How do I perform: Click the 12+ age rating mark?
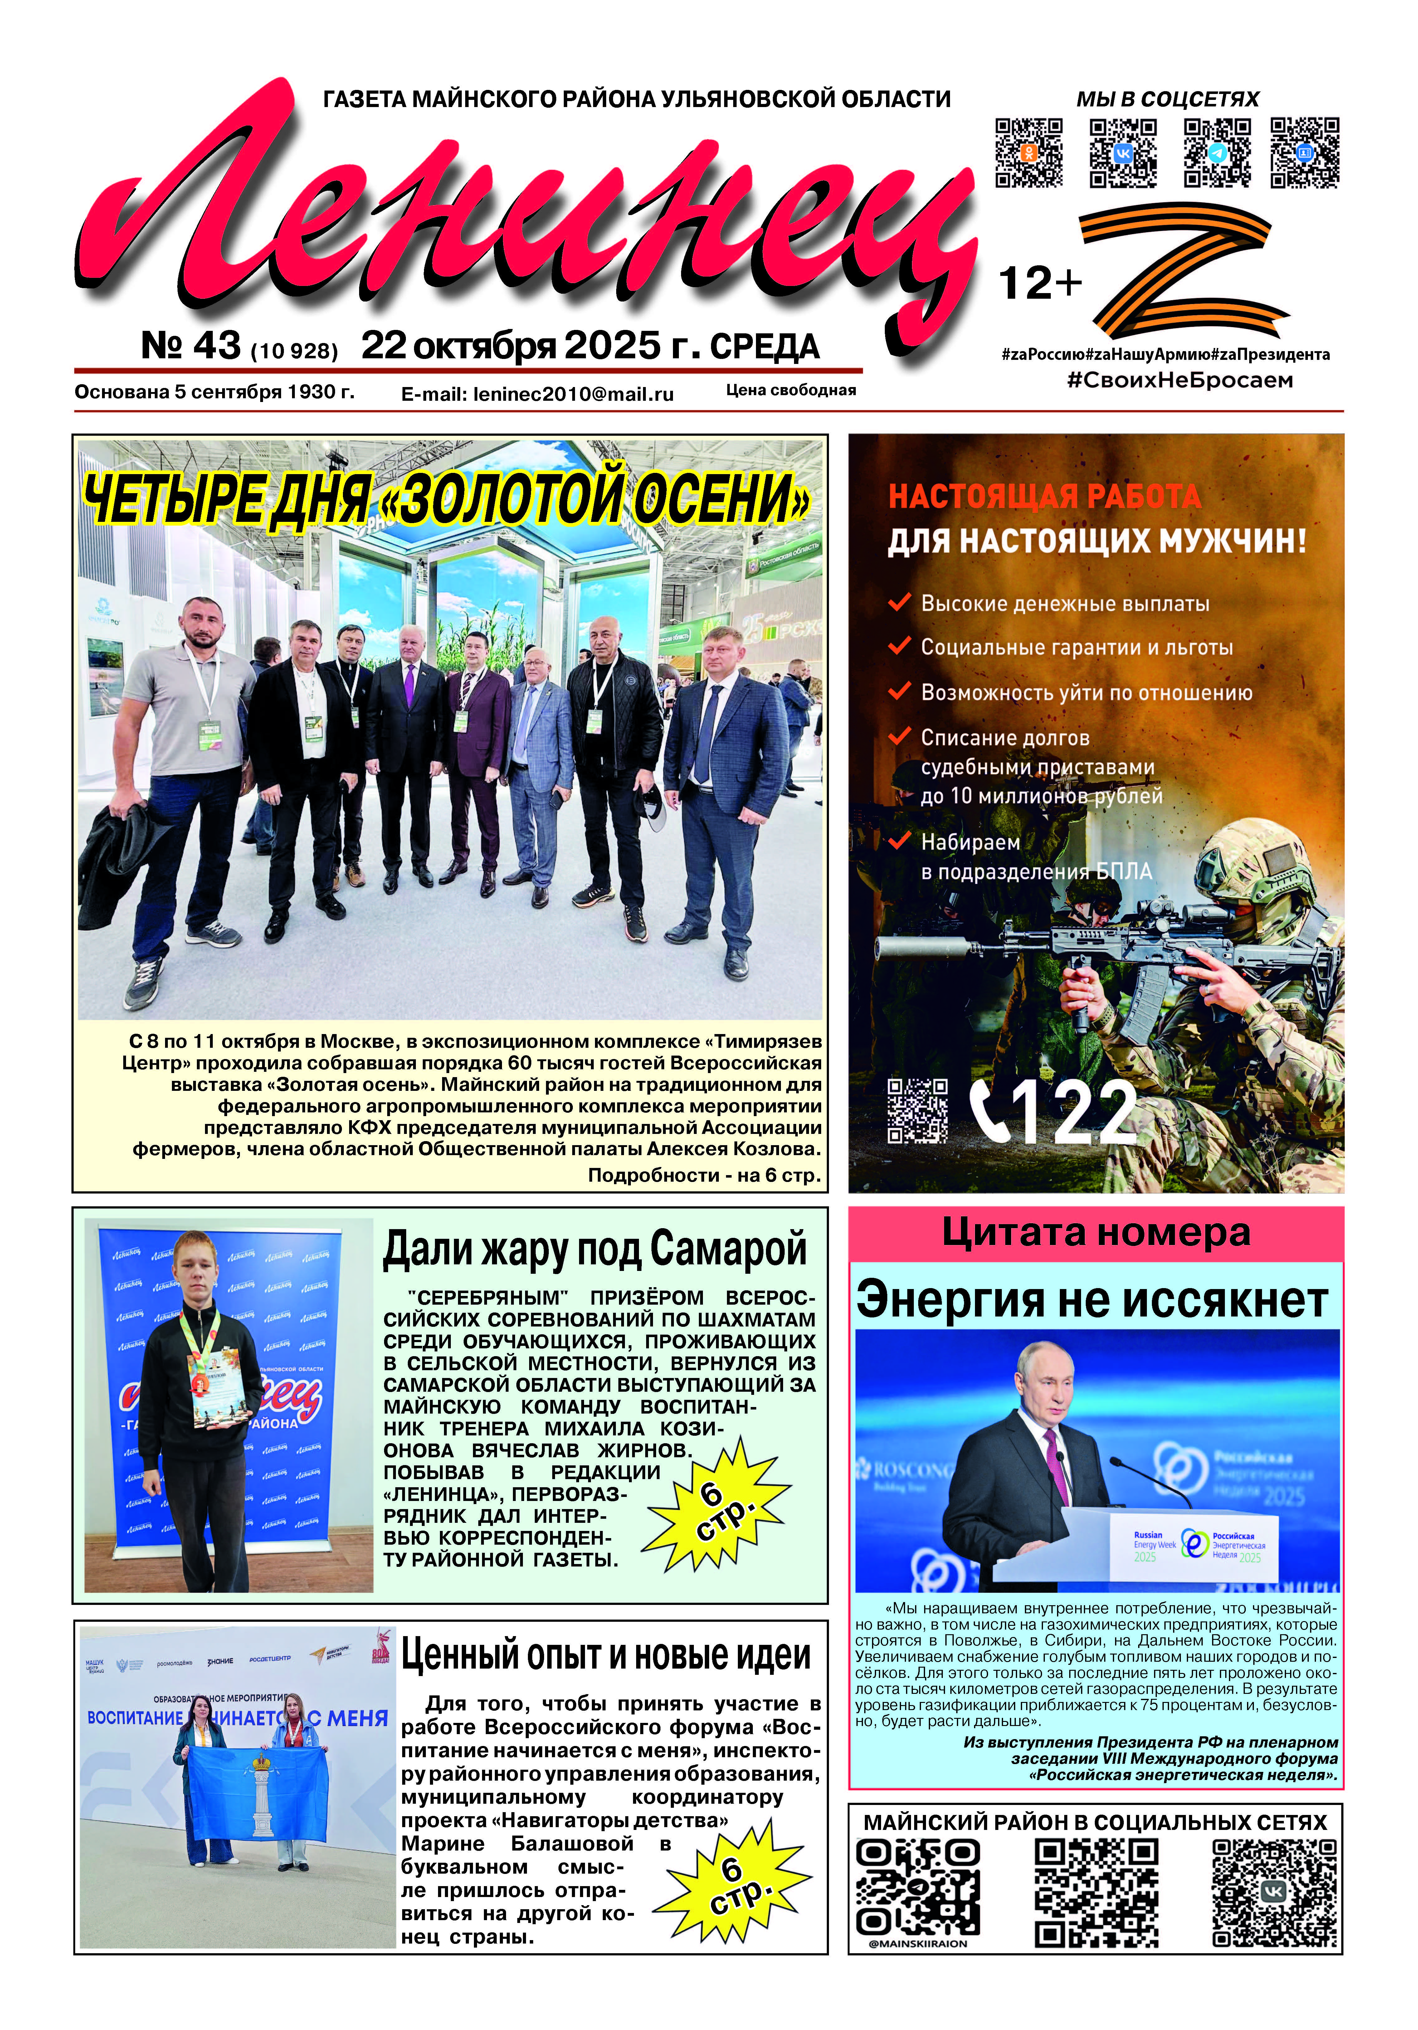click(1040, 284)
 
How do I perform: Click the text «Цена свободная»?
click(790, 390)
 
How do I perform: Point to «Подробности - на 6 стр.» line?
click(704, 1175)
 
